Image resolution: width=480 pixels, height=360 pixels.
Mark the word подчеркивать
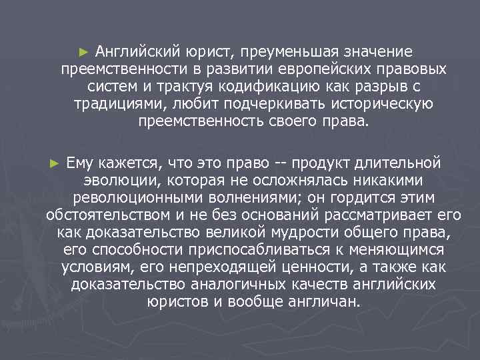click(265, 104)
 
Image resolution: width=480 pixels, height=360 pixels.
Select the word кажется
click(127, 163)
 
